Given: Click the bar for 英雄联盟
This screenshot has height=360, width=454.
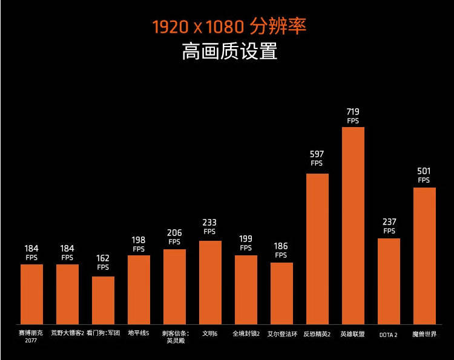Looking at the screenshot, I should click(353, 225).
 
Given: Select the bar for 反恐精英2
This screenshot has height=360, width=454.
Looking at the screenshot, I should click(317, 248).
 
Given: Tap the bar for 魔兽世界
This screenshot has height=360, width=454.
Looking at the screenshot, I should click(424, 255).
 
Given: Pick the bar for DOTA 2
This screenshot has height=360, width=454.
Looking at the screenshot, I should click(389, 281).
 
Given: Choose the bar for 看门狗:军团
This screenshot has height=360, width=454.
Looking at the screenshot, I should click(103, 300).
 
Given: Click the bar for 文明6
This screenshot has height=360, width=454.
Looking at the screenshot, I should click(210, 282).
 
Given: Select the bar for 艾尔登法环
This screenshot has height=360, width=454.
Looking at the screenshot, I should click(281, 293).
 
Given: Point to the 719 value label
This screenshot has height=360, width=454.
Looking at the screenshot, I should click(353, 112).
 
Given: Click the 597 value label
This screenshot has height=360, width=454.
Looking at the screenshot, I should click(317, 154).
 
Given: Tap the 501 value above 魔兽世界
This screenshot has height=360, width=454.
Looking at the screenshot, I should click(424, 171).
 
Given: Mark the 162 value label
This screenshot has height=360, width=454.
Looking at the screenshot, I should click(103, 258).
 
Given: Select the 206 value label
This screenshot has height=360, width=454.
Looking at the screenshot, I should click(174, 233).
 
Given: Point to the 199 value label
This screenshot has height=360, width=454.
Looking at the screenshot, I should click(246, 239).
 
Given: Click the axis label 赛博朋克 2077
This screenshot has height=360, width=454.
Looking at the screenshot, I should click(31, 336).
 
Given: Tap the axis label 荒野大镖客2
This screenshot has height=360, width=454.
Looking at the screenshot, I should click(67, 333).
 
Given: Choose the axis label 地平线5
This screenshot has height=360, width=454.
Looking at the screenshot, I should click(139, 333).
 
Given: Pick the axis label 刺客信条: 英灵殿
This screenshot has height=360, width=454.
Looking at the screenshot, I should click(175, 336).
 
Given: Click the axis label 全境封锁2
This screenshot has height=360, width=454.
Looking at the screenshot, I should click(246, 333).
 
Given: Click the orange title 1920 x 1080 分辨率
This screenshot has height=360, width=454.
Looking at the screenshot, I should click(229, 27).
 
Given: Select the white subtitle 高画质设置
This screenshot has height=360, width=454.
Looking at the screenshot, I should click(229, 51).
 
